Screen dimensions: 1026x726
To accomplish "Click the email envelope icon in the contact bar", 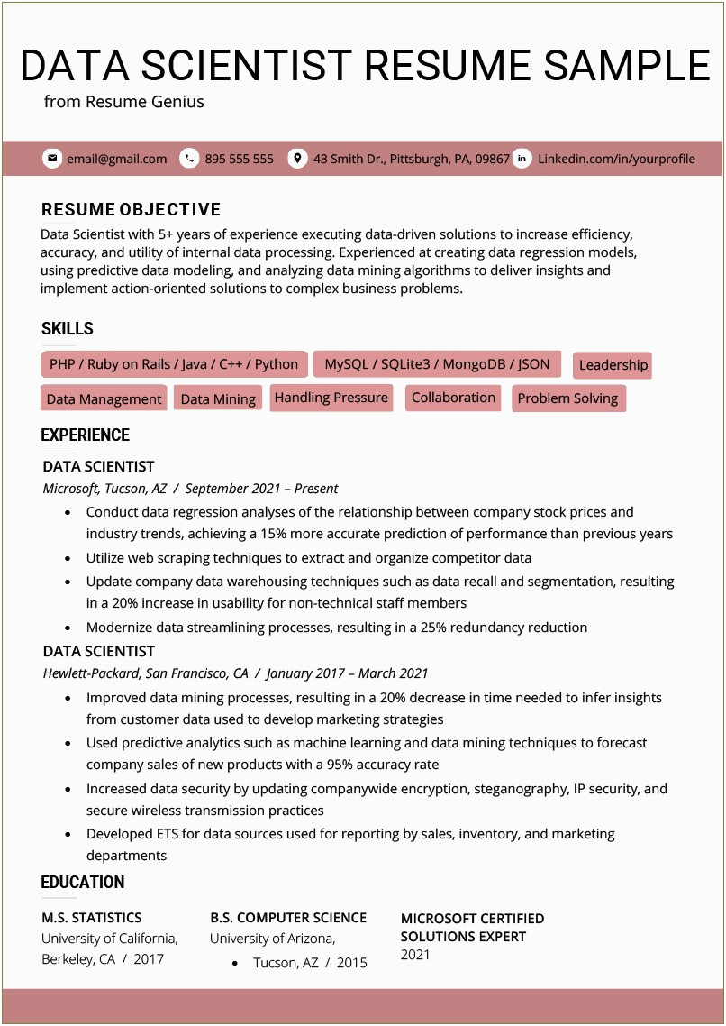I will click(52, 159).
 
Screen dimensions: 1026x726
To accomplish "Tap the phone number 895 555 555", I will click(239, 159).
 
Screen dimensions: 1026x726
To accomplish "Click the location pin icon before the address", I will click(297, 159).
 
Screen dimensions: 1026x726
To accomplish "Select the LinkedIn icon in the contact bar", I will click(522, 159).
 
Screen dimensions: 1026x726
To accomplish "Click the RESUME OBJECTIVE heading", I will click(131, 209).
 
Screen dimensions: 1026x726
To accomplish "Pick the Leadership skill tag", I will click(613, 365).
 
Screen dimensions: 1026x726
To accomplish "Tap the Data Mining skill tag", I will click(218, 399).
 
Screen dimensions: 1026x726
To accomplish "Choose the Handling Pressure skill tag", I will click(331, 398).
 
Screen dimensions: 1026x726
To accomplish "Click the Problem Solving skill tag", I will click(567, 398).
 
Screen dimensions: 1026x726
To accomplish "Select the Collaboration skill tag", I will click(453, 398).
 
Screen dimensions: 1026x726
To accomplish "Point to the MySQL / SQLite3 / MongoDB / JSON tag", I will click(437, 364).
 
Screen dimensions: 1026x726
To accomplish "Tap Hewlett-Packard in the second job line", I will click(91, 673).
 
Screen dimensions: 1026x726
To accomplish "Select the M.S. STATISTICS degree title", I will click(91, 918).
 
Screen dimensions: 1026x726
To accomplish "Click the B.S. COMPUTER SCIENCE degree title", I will click(288, 918).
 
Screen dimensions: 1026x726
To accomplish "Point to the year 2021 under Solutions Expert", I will click(415, 955).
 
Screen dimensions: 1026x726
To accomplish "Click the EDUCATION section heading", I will click(83, 883).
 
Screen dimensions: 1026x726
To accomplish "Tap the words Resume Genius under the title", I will click(144, 102).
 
